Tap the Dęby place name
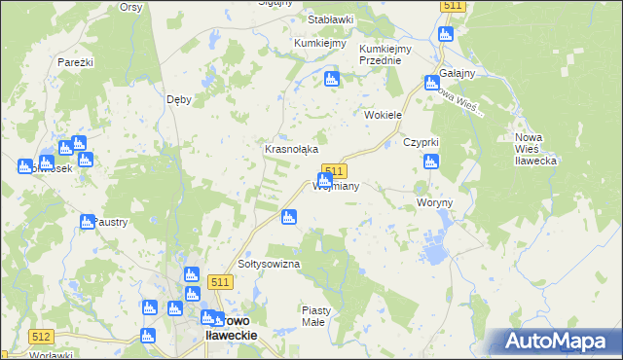click(x=178, y=98)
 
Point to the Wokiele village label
click(x=383, y=115)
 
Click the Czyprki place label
click(x=422, y=142)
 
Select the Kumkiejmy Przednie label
click(x=380, y=54)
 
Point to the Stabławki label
click(x=330, y=19)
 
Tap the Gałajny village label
click(x=457, y=74)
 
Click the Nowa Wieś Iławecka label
click(x=535, y=148)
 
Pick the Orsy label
click(x=130, y=6)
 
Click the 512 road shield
click(x=40, y=337)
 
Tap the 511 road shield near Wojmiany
click(x=334, y=170)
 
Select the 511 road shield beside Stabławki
click(x=452, y=6)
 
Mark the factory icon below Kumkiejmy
click(x=331, y=80)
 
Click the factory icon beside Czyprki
click(x=432, y=162)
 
